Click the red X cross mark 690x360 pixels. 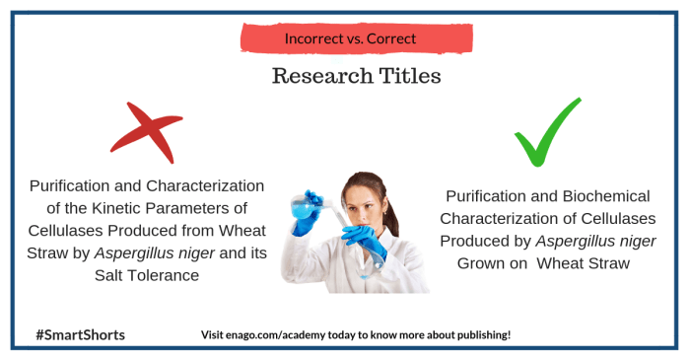pos(145,131)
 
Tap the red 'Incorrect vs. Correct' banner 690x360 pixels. pos(349,38)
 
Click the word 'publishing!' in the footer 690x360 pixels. pos(480,334)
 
